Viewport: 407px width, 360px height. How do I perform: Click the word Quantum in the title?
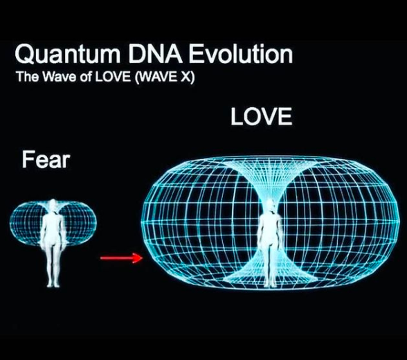click(67, 55)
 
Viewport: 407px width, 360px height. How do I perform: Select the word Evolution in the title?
click(241, 53)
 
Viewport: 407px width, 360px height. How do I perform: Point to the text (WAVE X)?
click(165, 77)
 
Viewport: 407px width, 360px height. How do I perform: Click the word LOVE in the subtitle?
click(113, 77)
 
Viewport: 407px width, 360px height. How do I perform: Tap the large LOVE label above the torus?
click(262, 116)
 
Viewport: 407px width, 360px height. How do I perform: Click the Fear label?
click(46, 160)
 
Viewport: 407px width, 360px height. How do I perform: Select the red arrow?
click(122, 258)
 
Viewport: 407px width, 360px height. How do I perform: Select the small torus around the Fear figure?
click(15, 223)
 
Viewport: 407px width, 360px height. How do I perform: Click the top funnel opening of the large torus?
click(269, 163)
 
